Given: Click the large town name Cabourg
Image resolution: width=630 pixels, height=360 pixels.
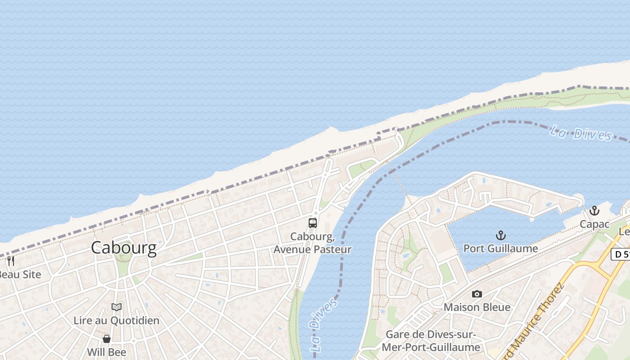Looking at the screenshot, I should (x=124, y=248).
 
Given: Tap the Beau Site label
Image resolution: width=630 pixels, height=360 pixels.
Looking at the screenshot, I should (x=21, y=274).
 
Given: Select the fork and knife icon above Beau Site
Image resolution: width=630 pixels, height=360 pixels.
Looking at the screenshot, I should (x=11, y=261).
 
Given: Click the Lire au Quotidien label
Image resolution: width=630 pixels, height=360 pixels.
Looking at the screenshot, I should (x=117, y=320).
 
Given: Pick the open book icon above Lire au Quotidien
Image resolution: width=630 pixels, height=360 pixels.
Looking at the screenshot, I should (x=117, y=307).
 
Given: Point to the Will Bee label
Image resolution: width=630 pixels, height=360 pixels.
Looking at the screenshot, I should (x=107, y=352).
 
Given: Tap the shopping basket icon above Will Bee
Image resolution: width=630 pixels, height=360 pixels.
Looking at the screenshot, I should (x=107, y=339).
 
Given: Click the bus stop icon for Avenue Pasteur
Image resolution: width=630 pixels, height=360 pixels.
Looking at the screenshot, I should (x=312, y=223).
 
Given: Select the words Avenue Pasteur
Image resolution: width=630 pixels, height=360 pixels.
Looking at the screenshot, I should (x=312, y=249).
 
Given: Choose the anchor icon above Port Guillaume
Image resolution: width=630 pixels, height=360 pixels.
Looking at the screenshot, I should (x=500, y=235).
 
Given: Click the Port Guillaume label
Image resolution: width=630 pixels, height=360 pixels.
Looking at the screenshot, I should (x=500, y=248).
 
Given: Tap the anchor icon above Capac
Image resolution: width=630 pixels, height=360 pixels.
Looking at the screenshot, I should (x=594, y=211).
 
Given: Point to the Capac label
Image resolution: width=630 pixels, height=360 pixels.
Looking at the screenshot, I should (x=594, y=224).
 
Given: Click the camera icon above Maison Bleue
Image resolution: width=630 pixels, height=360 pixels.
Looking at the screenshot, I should (x=477, y=294).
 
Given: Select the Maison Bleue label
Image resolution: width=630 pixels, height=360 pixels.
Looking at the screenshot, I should (x=477, y=307).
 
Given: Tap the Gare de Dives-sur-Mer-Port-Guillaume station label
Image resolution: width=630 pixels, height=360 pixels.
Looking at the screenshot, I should (x=431, y=341).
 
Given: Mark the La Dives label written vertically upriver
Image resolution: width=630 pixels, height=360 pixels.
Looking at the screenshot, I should (x=323, y=324).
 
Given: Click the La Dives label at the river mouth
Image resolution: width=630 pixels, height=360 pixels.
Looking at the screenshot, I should (x=581, y=133).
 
